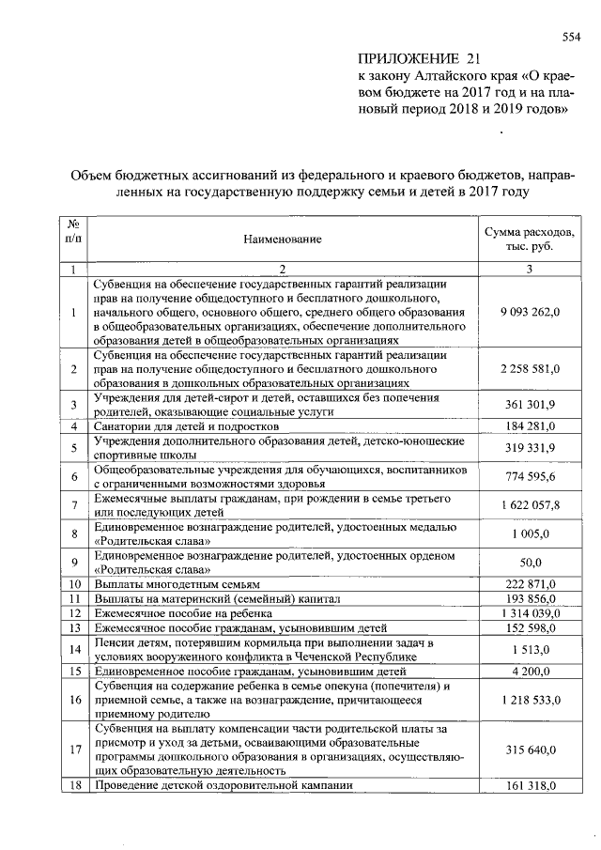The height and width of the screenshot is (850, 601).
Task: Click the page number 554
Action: (x=571, y=37)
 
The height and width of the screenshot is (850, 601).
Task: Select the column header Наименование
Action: (x=283, y=240)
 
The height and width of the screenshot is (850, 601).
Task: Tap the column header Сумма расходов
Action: (x=529, y=231)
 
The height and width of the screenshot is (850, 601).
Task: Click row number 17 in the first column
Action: (x=72, y=750)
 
